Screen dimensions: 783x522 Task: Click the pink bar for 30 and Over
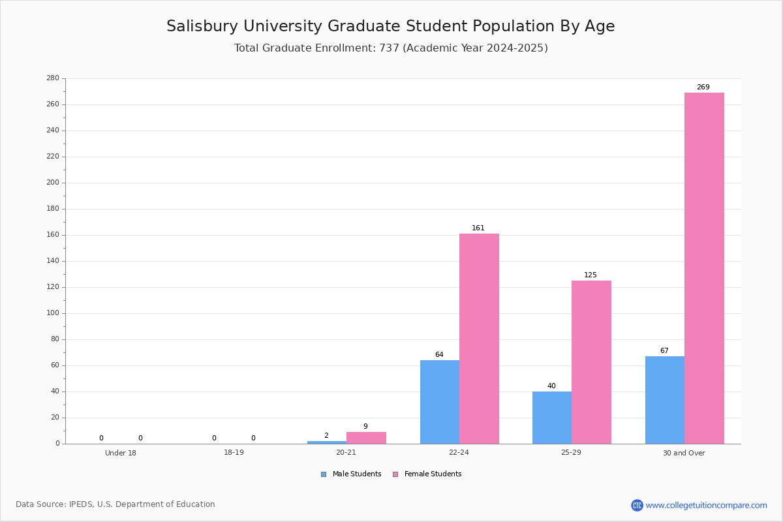pyautogui.click(x=704, y=268)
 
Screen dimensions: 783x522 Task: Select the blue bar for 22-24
pyautogui.click(x=440, y=402)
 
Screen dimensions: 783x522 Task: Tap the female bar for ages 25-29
pyautogui.click(x=591, y=362)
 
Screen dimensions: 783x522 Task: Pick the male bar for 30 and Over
pyautogui.click(x=665, y=400)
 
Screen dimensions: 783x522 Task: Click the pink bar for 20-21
pyautogui.click(x=366, y=438)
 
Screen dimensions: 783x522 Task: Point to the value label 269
pyautogui.click(x=703, y=87)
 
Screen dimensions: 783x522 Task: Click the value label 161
pyautogui.click(x=478, y=228)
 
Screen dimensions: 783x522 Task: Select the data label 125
pyautogui.click(x=591, y=275)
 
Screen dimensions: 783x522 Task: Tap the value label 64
pyautogui.click(x=439, y=354)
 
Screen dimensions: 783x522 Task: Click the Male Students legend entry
pyautogui.click(x=351, y=474)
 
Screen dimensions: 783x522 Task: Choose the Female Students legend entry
pyautogui.click(x=427, y=474)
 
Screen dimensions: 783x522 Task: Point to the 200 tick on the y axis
pyautogui.click(x=53, y=183)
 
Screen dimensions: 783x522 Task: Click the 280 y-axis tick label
pyautogui.click(x=53, y=78)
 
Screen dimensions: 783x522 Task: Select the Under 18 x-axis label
pyautogui.click(x=121, y=453)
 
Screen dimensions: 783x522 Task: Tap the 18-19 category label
pyautogui.click(x=234, y=452)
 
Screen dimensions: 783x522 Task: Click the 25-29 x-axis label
pyautogui.click(x=571, y=452)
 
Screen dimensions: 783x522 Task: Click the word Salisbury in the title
pyautogui.click(x=202, y=26)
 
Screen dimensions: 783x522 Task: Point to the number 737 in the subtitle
pyautogui.click(x=390, y=48)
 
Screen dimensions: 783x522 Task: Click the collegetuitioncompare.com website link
pyautogui.click(x=706, y=505)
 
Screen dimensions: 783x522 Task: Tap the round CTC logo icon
pyautogui.click(x=637, y=505)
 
